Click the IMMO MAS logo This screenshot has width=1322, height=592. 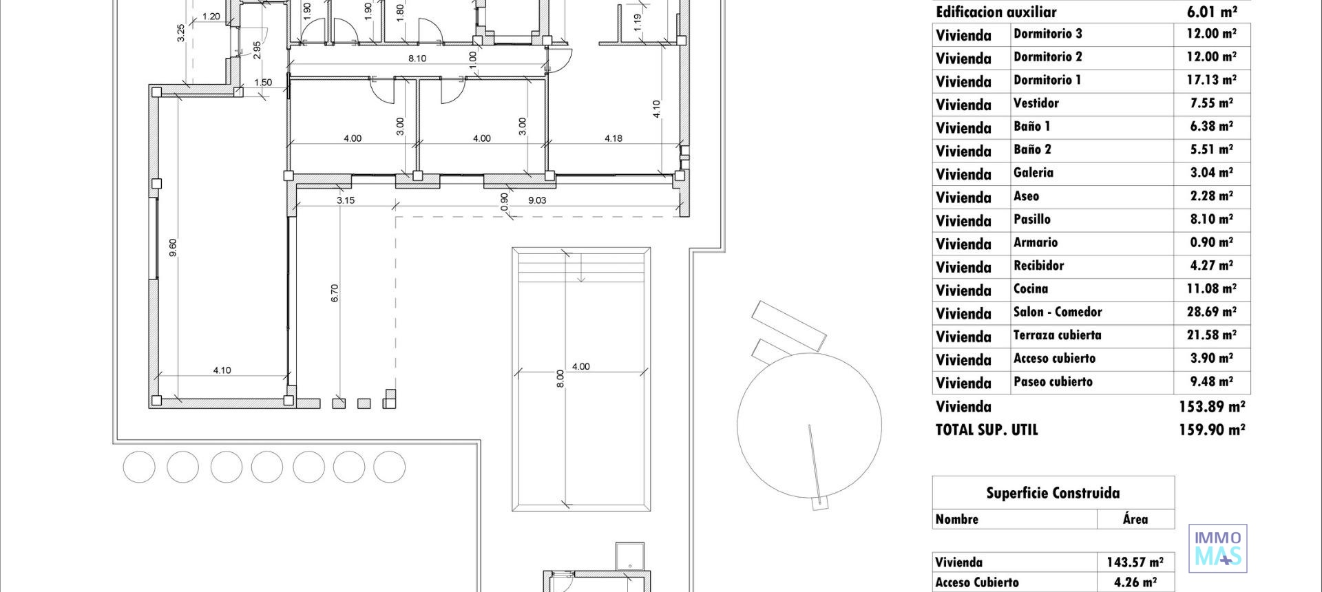point(1218,548)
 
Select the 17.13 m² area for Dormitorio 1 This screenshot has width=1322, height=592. point(1211,81)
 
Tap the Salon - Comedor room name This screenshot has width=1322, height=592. point(1058,313)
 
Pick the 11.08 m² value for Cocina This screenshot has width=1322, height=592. point(1211,289)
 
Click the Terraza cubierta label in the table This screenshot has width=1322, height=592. point(1057,336)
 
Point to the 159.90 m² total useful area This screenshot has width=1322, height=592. point(1211,430)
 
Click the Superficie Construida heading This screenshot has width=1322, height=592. point(1053,493)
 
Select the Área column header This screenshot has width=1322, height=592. point(1135,520)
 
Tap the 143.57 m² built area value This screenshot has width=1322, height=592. point(1135,562)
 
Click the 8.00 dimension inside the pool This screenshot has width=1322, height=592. point(560,379)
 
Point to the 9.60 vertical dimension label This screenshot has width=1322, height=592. point(173,248)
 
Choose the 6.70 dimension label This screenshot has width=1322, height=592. point(335,293)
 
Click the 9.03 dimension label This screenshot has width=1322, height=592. point(537,200)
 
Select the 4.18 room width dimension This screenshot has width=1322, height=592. point(613,138)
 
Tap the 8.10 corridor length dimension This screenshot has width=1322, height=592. point(417,59)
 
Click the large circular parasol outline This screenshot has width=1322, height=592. point(809,425)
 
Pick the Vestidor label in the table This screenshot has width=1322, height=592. point(1036,104)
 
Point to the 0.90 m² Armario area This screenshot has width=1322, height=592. point(1211,243)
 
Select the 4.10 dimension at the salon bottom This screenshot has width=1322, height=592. point(222,370)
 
